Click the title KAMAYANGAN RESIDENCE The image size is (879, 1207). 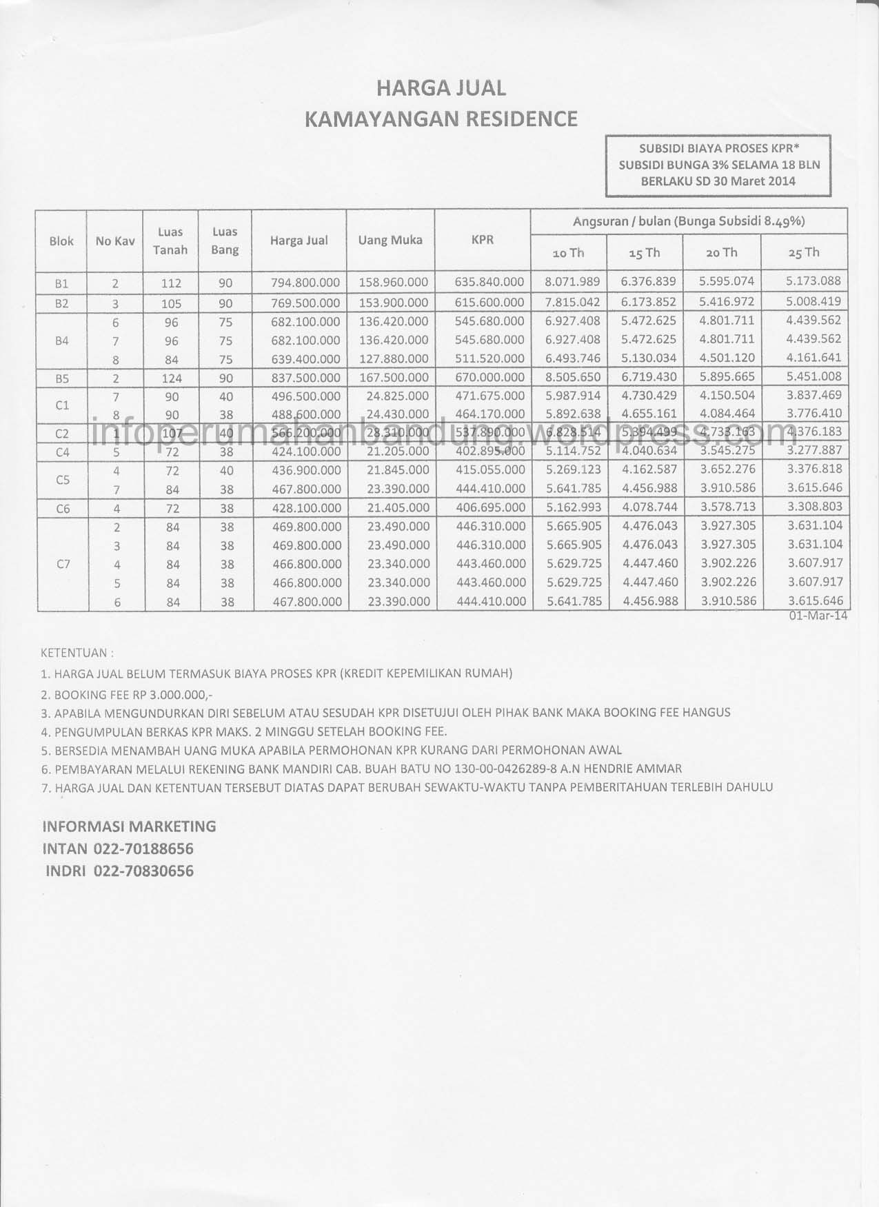click(x=441, y=119)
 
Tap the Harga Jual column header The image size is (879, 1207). click(x=299, y=241)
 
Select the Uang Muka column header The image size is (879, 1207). click(x=390, y=241)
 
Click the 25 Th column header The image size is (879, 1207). click(x=803, y=252)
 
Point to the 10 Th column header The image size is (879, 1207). click(x=568, y=253)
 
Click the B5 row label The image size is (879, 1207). click(x=61, y=378)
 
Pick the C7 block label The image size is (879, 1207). click(x=63, y=564)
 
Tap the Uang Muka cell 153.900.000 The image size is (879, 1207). click(x=394, y=303)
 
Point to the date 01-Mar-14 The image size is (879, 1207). click(x=818, y=616)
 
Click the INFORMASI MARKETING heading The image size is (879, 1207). click(x=129, y=826)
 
